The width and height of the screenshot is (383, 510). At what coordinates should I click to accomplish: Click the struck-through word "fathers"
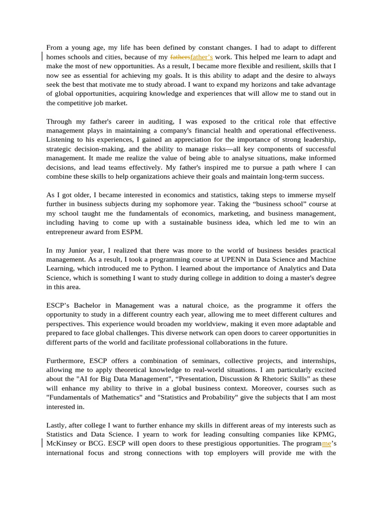[180, 57]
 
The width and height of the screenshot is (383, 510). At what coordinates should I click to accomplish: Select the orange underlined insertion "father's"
[201, 57]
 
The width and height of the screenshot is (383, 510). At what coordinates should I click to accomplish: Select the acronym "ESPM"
[133, 232]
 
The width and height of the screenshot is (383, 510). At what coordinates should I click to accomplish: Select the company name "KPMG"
[324, 434]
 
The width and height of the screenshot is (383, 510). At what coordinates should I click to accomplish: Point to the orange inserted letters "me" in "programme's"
[327, 443]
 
